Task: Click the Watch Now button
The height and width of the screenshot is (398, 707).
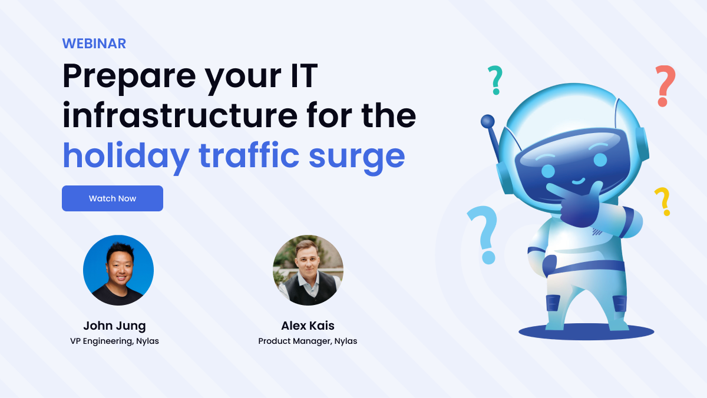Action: (112, 198)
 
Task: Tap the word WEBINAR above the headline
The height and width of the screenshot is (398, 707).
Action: (94, 44)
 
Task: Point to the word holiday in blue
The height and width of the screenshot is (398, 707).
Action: (126, 155)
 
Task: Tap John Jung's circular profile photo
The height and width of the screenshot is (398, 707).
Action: (118, 270)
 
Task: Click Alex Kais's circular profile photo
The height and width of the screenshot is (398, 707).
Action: (308, 270)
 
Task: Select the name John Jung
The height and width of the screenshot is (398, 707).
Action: (114, 326)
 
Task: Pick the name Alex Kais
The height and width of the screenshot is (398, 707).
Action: (308, 326)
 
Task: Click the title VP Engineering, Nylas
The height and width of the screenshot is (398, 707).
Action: (114, 341)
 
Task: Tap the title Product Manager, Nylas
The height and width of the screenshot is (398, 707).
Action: (308, 341)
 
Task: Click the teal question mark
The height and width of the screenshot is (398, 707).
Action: (495, 79)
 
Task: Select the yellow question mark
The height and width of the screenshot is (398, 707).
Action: (663, 200)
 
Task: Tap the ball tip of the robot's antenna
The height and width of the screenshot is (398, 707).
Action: (488, 121)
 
